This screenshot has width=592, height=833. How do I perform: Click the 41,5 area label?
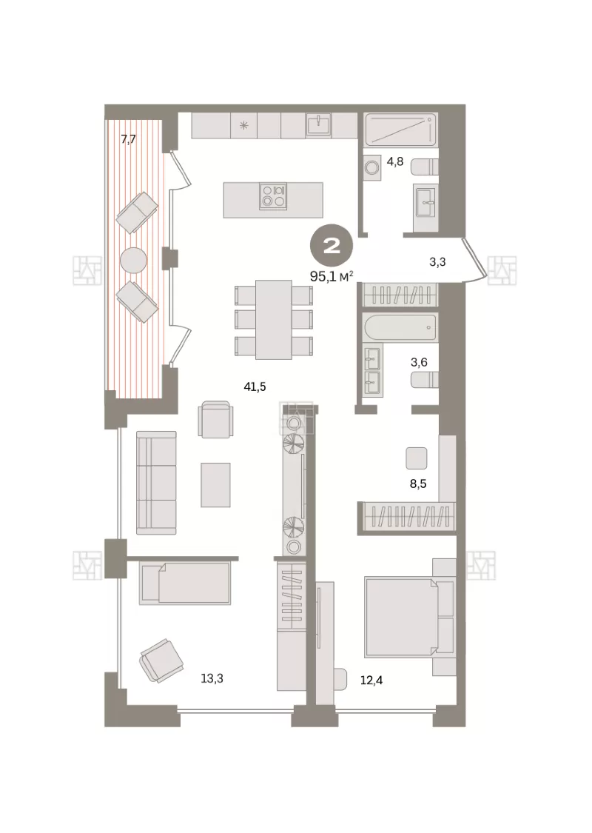[x=255, y=387]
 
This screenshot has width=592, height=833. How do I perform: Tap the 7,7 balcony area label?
[x=129, y=140]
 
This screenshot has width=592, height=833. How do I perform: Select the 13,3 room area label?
[x=212, y=678]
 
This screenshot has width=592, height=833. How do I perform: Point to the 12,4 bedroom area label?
[x=371, y=680]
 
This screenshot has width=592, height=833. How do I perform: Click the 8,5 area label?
[x=418, y=484]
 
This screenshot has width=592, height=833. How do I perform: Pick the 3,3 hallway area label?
[x=437, y=262]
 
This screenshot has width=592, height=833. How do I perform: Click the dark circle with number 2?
[x=332, y=246]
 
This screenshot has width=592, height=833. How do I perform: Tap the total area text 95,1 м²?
[x=332, y=277]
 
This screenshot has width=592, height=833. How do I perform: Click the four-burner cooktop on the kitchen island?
[x=274, y=196]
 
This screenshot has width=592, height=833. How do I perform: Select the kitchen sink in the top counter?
[x=318, y=125]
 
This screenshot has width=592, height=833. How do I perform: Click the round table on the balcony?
[x=134, y=261]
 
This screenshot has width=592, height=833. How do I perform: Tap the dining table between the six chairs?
[x=274, y=319]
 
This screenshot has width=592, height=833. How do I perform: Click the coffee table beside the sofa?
[x=215, y=484]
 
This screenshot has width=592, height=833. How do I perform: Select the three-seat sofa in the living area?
[x=156, y=482]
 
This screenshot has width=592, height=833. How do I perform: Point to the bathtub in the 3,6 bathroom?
[x=400, y=327]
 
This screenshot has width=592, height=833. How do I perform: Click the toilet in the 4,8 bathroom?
[x=425, y=167]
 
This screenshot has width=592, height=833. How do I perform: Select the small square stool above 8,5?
[x=417, y=458]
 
